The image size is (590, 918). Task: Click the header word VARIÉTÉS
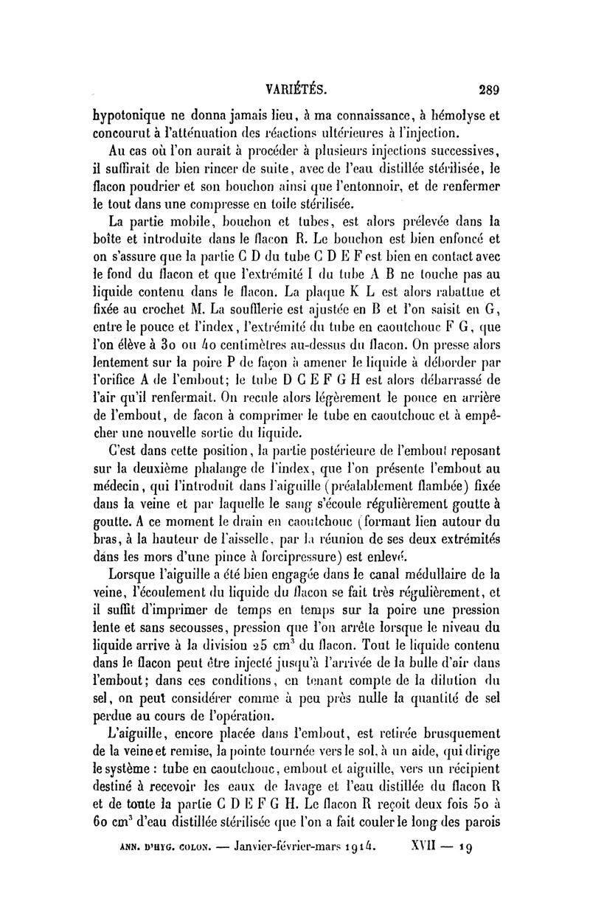tap(296, 89)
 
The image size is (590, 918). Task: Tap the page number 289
tap(488, 90)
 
